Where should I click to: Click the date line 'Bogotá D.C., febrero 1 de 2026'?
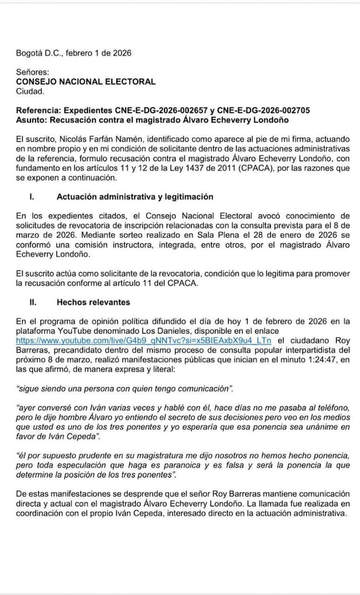[x=74, y=54]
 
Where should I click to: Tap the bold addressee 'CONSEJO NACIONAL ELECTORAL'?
[x=86, y=81]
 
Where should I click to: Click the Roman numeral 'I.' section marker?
[x=32, y=196]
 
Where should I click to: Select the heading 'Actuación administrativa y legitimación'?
[x=135, y=196]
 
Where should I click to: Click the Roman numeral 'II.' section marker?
[x=33, y=302]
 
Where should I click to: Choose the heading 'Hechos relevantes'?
[x=93, y=302]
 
